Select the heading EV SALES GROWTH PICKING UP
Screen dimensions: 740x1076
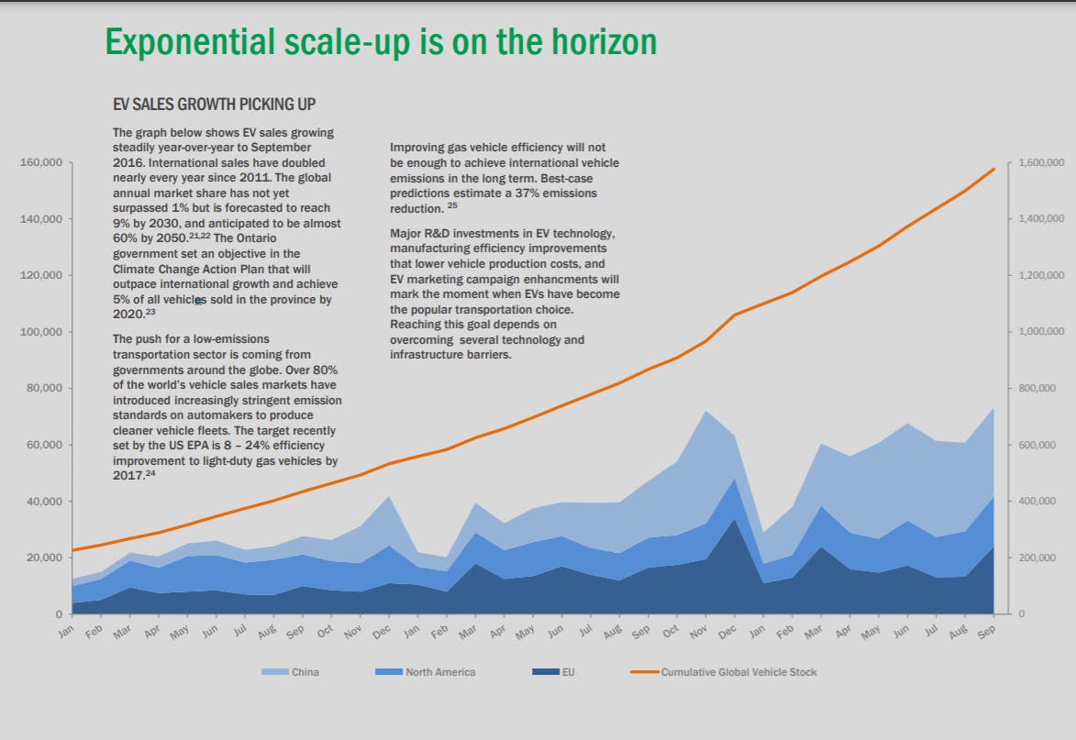tap(214, 105)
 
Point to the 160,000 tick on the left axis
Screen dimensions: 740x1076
tap(39, 163)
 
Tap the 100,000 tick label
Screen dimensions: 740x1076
tap(39, 332)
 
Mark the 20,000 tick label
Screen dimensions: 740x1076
tap(42, 558)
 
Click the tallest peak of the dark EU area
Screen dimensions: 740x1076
tap(734, 520)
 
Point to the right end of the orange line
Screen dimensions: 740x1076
tap(994, 169)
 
